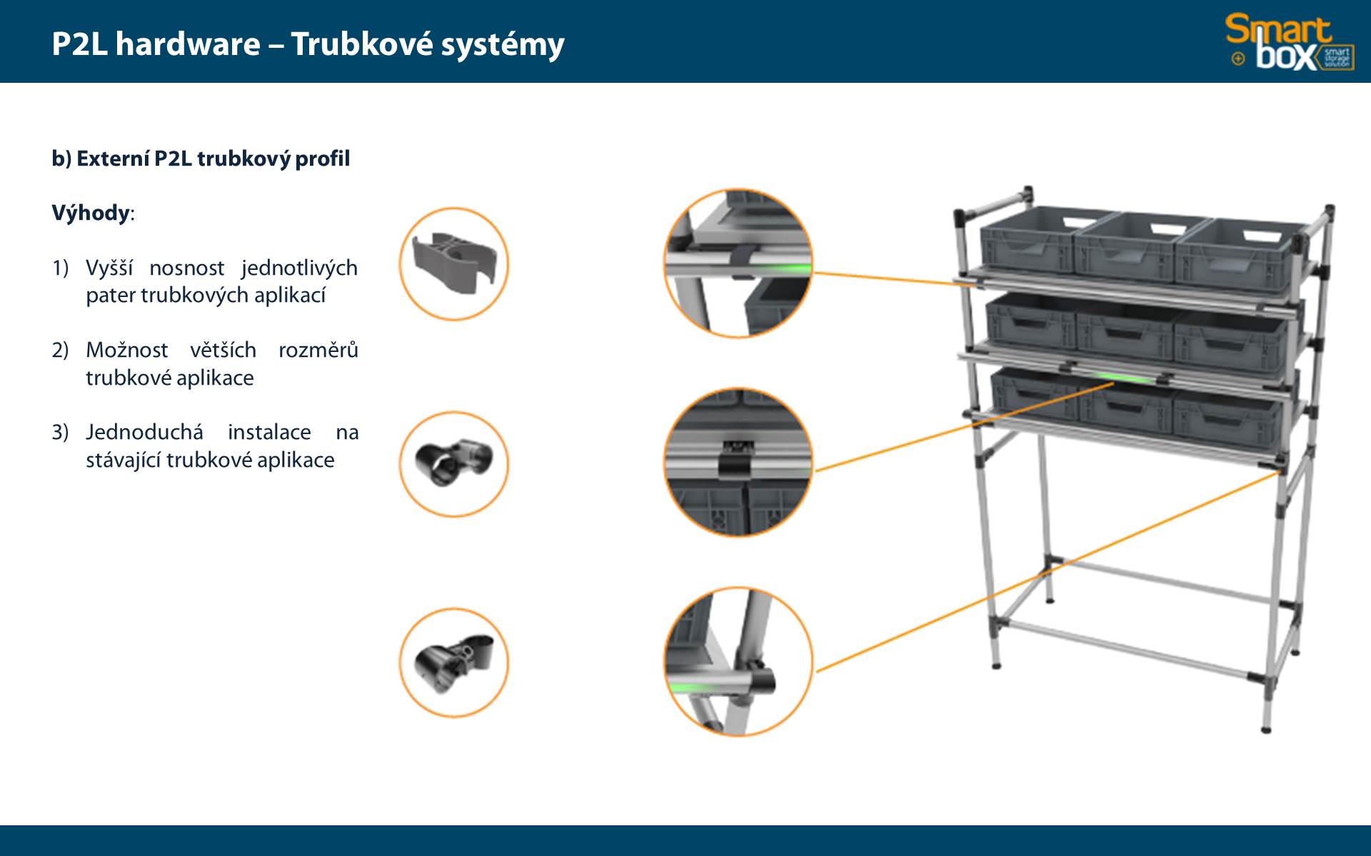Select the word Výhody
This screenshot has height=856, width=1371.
(91, 213)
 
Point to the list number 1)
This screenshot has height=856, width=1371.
(60, 268)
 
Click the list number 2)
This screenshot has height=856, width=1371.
(60, 350)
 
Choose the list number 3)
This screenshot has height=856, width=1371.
(60, 432)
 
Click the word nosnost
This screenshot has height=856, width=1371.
(186, 268)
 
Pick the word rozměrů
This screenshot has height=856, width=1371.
(318, 350)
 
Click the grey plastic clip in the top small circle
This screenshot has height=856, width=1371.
(453, 263)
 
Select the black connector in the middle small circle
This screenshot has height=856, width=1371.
(453, 462)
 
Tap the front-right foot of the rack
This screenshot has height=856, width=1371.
(1267, 729)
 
